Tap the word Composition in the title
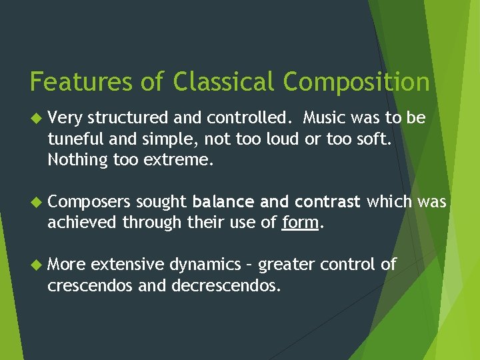pos(356,82)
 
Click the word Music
pos(326,118)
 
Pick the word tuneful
pos(72,139)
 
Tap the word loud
pos(264,139)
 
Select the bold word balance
pos(219,201)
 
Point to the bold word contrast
pos(327,201)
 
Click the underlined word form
pos(300,223)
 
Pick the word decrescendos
pos(225,286)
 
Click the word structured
pos(123,118)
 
